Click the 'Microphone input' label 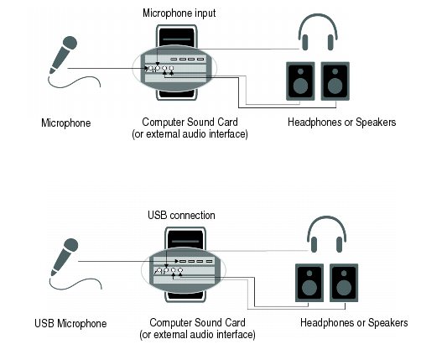coord(179,13)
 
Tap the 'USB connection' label coord(181,215)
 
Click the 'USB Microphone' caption coord(70,323)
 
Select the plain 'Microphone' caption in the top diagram coord(66,123)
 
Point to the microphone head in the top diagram coord(70,43)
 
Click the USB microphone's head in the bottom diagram coord(70,245)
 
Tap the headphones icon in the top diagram coord(318,32)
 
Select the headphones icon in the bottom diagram coord(326,234)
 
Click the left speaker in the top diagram coord(300,81)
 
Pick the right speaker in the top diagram coord(335,81)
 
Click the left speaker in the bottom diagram coord(309,283)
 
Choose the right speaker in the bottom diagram coord(344,283)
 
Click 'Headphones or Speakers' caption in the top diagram coord(342,122)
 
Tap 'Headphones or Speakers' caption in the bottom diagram coord(354,322)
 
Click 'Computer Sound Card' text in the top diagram coord(190,122)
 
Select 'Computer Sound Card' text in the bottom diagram coord(197,322)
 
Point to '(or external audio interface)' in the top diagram coord(190,133)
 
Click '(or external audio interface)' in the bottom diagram coord(197,334)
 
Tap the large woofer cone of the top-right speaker coord(335,86)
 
